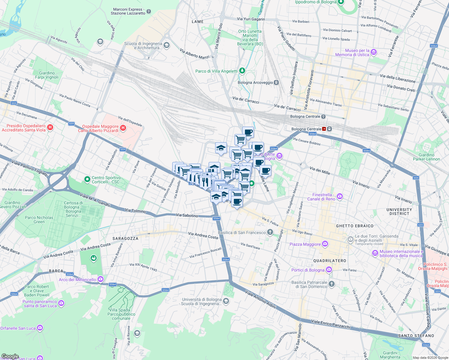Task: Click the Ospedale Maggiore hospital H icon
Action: pyautogui.click(x=123, y=128)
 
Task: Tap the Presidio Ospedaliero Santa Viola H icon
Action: pyautogui.click(x=50, y=127)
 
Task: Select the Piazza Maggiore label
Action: pyautogui.click(x=305, y=244)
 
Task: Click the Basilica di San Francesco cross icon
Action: pyautogui.click(x=270, y=232)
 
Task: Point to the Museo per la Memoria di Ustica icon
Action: pyautogui.click(x=374, y=52)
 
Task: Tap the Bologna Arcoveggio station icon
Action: pyautogui.click(x=276, y=82)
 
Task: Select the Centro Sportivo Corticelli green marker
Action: pyautogui.click(x=87, y=179)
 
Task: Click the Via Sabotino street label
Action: pyautogui.click(x=187, y=215)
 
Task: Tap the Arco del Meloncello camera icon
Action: pyautogui.click(x=100, y=279)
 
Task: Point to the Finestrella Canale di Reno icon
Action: pyautogui.click(x=340, y=196)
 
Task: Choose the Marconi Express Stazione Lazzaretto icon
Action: pyautogui.click(x=149, y=11)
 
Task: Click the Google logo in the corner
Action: pyautogui.click(x=10, y=356)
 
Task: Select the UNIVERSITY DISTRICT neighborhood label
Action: pyautogui.click(x=399, y=211)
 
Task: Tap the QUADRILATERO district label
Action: pyautogui.click(x=330, y=261)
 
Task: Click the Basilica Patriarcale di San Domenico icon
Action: pyautogui.click(x=331, y=284)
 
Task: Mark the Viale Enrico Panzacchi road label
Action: pyautogui.click(x=331, y=324)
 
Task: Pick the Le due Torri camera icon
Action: pyautogui.click(x=350, y=239)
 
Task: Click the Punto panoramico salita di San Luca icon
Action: pyautogui.click(x=61, y=303)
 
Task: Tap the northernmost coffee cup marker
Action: pyautogui.click(x=248, y=132)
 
